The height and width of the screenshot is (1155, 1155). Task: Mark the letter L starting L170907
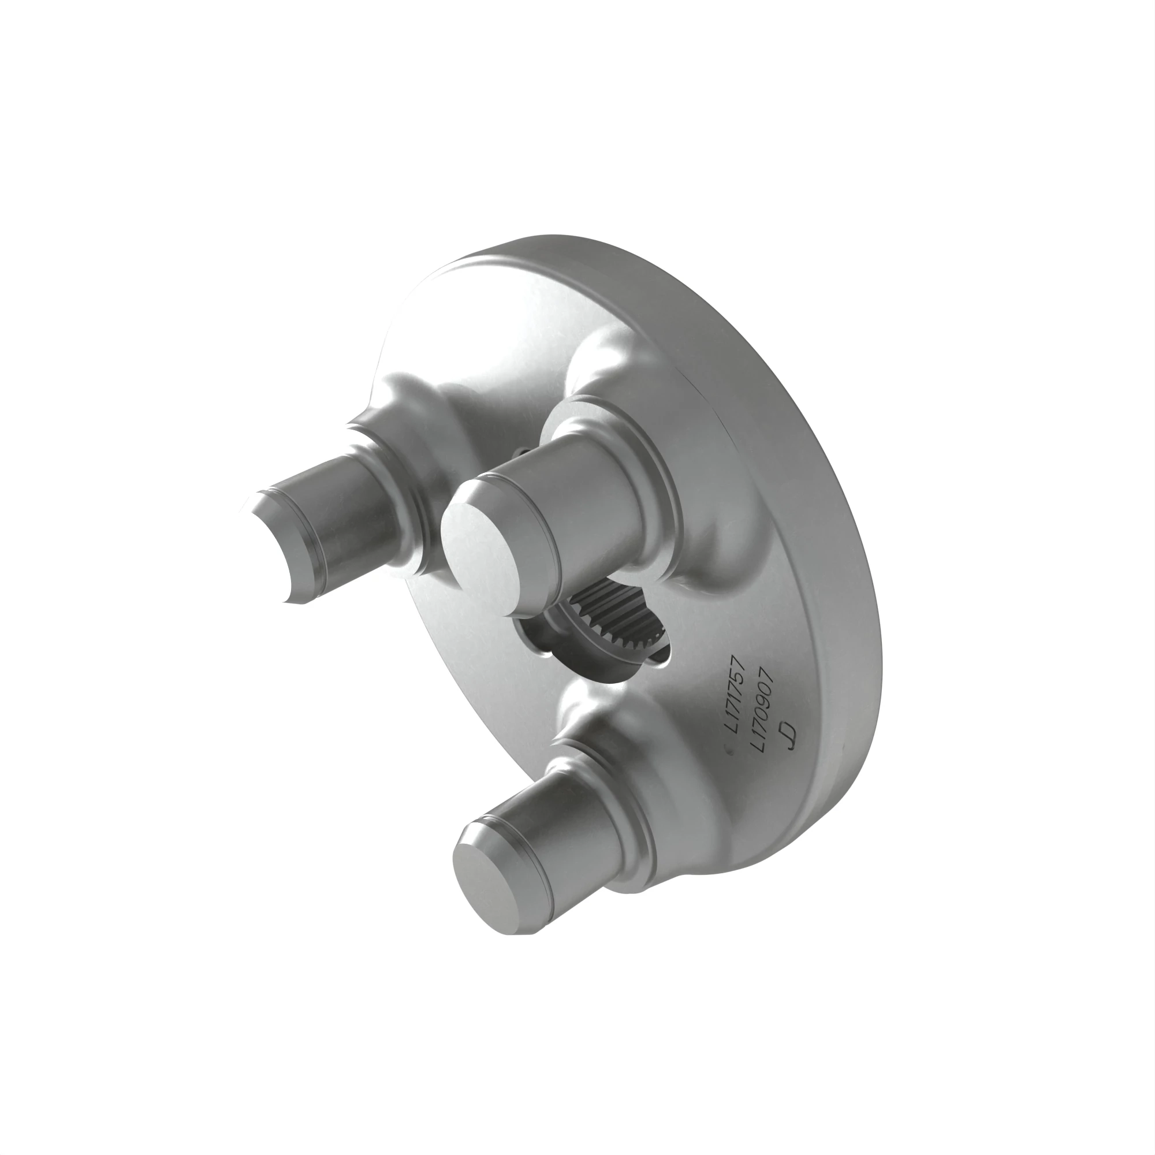click(758, 747)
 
